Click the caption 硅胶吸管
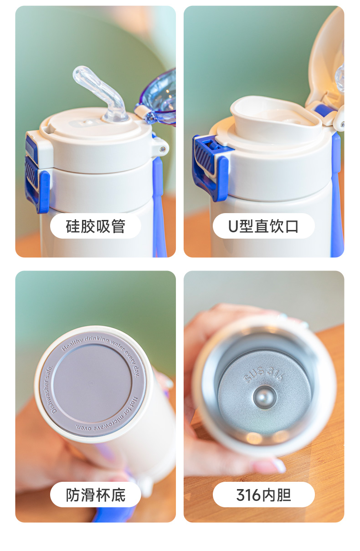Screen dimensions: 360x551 (95, 226)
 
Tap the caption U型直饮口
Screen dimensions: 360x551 (263, 226)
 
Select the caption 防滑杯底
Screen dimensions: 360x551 (95, 495)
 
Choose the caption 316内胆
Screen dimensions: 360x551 (263, 495)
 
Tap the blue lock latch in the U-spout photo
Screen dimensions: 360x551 (209, 167)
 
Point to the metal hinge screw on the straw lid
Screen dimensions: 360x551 (163, 149)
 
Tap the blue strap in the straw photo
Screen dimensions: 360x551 (159, 204)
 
